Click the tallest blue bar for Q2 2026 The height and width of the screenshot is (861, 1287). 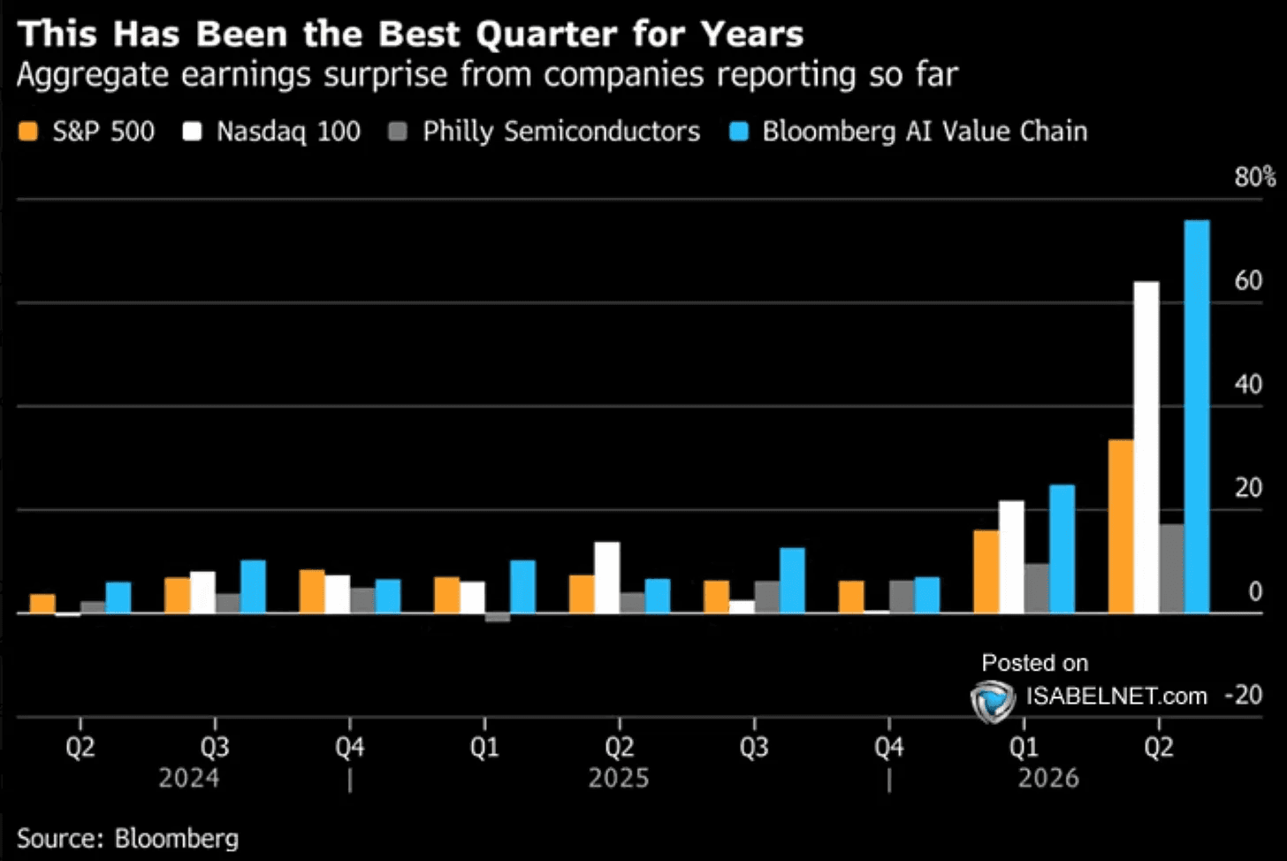coord(1197,416)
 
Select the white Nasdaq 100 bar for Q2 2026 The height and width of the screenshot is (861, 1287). coord(1146,447)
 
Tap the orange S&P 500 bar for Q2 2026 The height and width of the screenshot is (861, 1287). coord(1121,527)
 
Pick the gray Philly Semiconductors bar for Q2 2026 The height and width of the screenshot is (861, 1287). coord(1171,568)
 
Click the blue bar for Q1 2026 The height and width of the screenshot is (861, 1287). coord(1062,549)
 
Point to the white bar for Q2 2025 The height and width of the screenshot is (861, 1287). coord(607,577)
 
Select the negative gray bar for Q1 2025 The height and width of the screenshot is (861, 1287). coord(498,617)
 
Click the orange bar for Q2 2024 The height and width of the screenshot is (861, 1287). coord(42,604)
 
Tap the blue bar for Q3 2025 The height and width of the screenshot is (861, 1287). coord(792,581)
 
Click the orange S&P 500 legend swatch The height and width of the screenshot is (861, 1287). coord(28,131)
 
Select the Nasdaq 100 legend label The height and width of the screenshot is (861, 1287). coord(288,131)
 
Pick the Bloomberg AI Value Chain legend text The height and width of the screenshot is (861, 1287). coord(925,131)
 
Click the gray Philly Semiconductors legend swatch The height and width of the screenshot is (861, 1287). coord(398,131)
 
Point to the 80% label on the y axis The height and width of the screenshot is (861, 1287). coord(1255,177)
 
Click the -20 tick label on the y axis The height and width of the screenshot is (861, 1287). coord(1244,695)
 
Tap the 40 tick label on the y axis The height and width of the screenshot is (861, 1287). coord(1248,385)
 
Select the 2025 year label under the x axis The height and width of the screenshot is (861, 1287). coord(619,779)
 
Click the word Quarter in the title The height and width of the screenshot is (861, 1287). coord(546,34)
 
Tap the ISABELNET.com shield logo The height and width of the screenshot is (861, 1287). coord(993,701)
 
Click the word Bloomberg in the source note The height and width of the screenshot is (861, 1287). coord(177,839)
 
